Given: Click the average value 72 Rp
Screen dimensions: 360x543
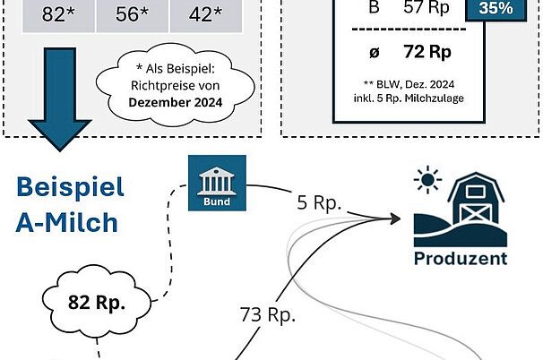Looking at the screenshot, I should (427, 51).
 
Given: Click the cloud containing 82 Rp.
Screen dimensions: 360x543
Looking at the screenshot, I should (97, 301).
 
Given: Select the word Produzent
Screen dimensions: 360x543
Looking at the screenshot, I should (461, 259).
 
